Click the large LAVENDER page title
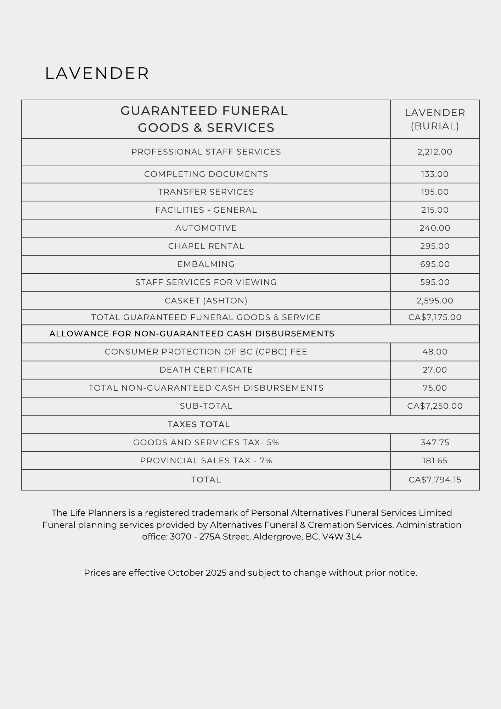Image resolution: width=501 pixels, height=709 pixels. click(x=97, y=73)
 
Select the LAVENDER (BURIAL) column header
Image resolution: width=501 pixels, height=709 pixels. click(x=435, y=119)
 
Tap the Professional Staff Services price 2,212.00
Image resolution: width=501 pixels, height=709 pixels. click(x=435, y=152)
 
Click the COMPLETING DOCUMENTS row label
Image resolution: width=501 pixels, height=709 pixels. click(x=206, y=174)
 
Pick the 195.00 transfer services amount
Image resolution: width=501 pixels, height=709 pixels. click(x=435, y=192)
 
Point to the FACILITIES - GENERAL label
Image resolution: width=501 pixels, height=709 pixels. click(x=206, y=210)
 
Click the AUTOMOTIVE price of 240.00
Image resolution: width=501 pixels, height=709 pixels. click(x=435, y=228)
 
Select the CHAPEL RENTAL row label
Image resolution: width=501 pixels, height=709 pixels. click(x=206, y=246)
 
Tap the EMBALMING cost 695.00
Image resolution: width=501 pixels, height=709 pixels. click(x=435, y=264)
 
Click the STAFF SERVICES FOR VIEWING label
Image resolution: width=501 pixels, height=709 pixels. click(x=206, y=282)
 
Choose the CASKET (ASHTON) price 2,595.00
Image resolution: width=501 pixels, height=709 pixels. click(x=435, y=301)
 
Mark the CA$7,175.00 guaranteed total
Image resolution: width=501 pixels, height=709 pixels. click(x=435, y=317)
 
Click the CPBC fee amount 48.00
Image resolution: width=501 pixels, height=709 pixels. click(x=435, y=352)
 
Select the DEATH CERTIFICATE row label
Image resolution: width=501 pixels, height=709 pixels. click(x=206, y=370)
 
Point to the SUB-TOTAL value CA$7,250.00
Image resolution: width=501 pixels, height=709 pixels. click(x=435, y=406)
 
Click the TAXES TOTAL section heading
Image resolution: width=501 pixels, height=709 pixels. click(x=199, y=424)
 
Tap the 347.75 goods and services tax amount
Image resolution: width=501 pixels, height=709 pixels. click(x=435, y=442)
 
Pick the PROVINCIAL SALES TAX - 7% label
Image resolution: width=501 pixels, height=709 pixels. click(x=206, y=460)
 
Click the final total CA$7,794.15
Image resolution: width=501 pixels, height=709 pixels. click(x=435, y=480)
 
